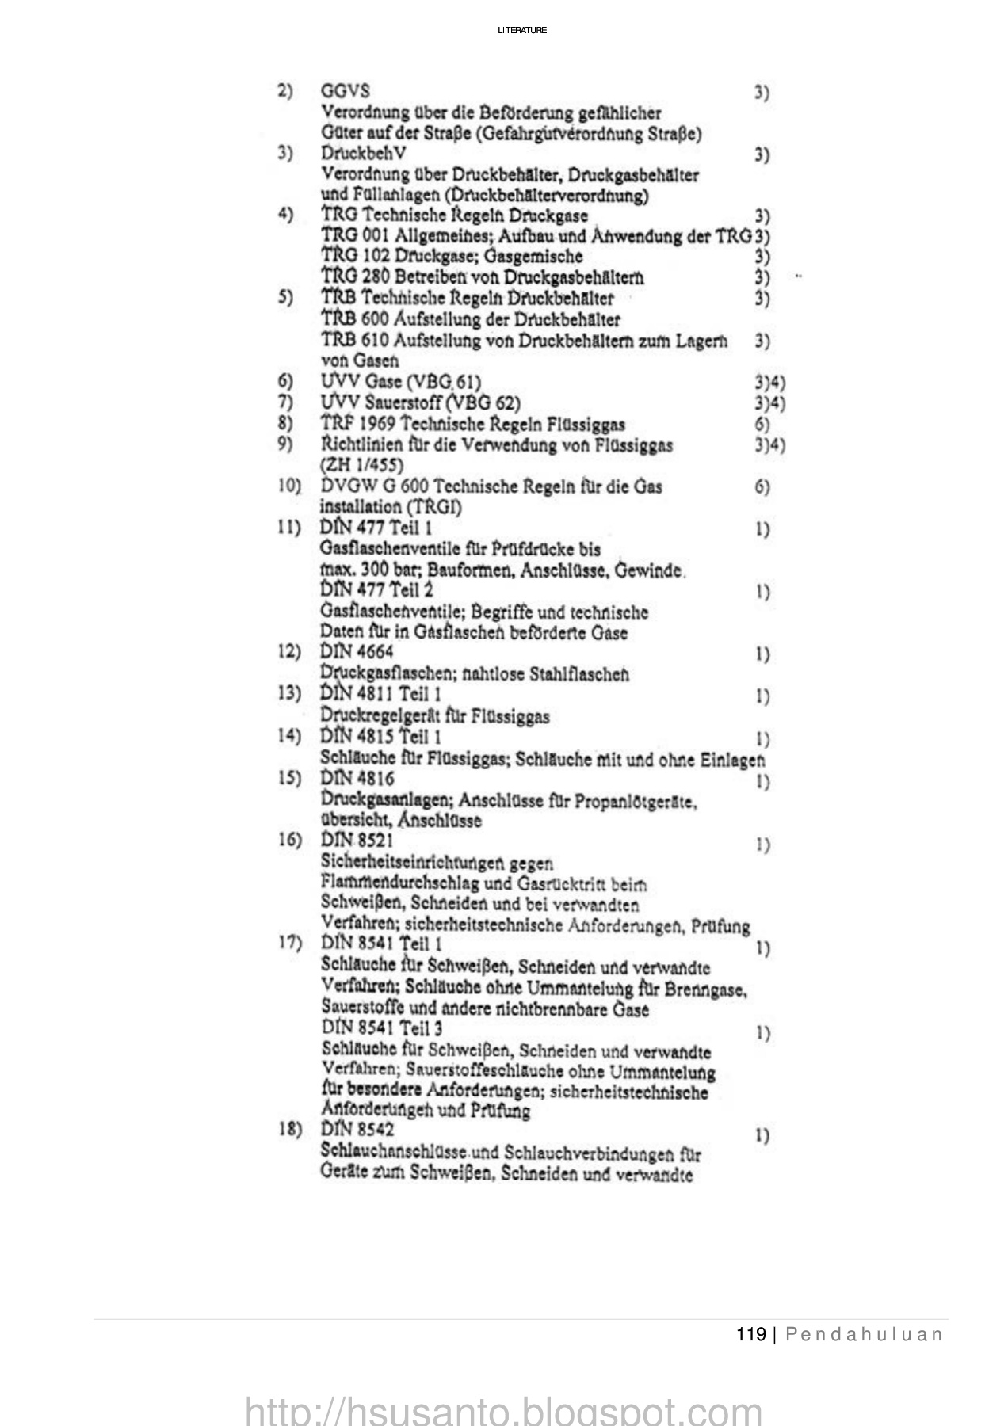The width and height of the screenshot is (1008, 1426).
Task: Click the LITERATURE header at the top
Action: [x=522, y=31]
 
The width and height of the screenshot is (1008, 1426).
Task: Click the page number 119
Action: [x=750, y=1335]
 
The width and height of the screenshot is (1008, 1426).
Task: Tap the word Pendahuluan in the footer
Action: [x=864, y=1335]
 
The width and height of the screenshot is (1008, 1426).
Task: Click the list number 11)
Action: [x=289, y=528]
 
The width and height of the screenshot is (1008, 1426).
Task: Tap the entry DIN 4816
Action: [x=357, y=779]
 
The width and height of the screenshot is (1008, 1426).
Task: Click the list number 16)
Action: [x=289, y=840]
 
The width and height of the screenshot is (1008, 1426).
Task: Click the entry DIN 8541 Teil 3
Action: [x=382, y=1029]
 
